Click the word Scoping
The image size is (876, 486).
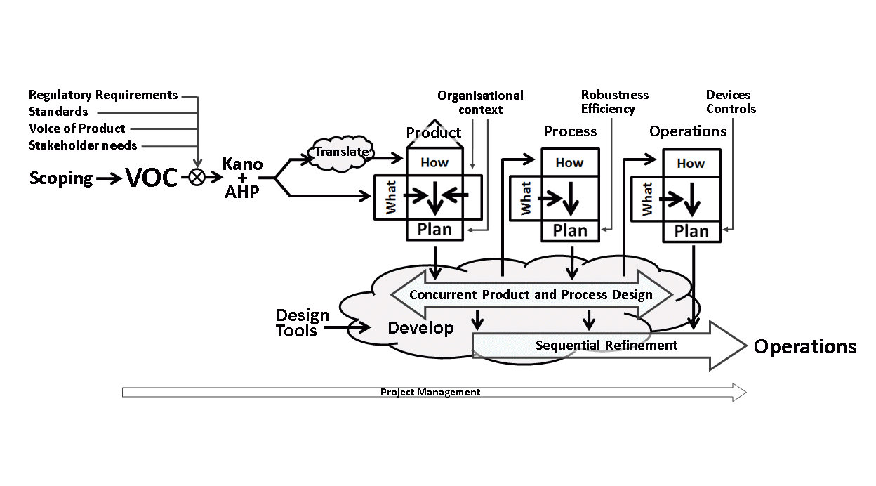coord(60,178)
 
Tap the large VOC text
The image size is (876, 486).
coord(152,178)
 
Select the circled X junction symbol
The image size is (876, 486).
coord(197,178)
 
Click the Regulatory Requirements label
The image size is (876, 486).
coord(103,95)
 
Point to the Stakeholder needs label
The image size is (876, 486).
coord(83,145)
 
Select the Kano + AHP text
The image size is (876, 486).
coord(242,178)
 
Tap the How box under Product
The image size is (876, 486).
coord(434,162)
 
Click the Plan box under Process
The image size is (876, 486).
coord(569,230)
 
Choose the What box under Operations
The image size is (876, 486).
coord(646,198)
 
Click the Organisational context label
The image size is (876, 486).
coord(480,102)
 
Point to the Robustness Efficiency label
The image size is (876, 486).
coord(614,102)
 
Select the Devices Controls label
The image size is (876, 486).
coord(731,102)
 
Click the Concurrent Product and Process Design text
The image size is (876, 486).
coord(531,294)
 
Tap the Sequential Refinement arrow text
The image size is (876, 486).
coord(606,345)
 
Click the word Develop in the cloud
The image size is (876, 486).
coord(420,328)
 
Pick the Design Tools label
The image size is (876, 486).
coord(302,322)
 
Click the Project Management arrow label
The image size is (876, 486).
coord(430,392)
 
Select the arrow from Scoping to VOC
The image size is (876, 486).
coord(109,179)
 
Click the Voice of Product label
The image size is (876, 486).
coord(77,129)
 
